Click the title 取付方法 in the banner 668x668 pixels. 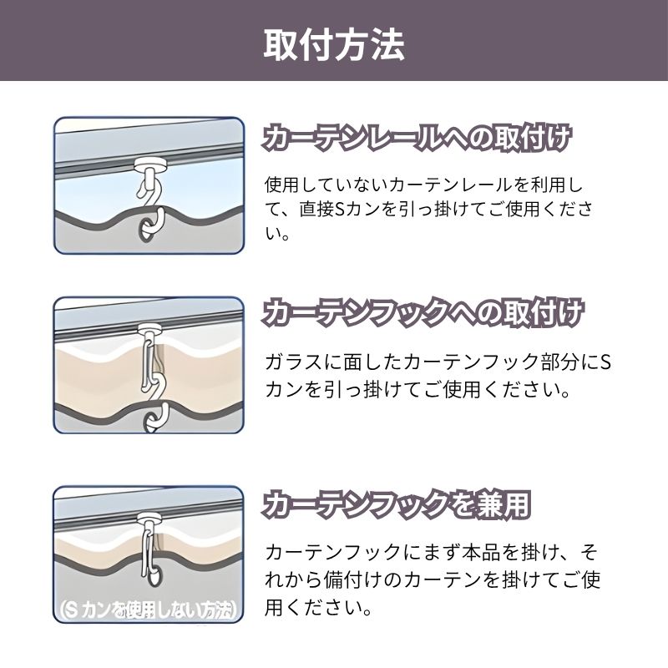(334, 44)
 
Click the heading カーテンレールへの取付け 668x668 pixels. (416, 138)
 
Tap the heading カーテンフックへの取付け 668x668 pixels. (422, 312)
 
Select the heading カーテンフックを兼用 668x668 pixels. (396, 505)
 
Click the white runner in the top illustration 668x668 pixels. (148, 164)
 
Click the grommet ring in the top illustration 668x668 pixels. (146, 230)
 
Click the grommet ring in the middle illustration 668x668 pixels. (151, 422)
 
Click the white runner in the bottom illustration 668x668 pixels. (150, 518)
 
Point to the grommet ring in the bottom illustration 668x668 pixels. (154, 575)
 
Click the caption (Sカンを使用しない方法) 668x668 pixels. (146, 610)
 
